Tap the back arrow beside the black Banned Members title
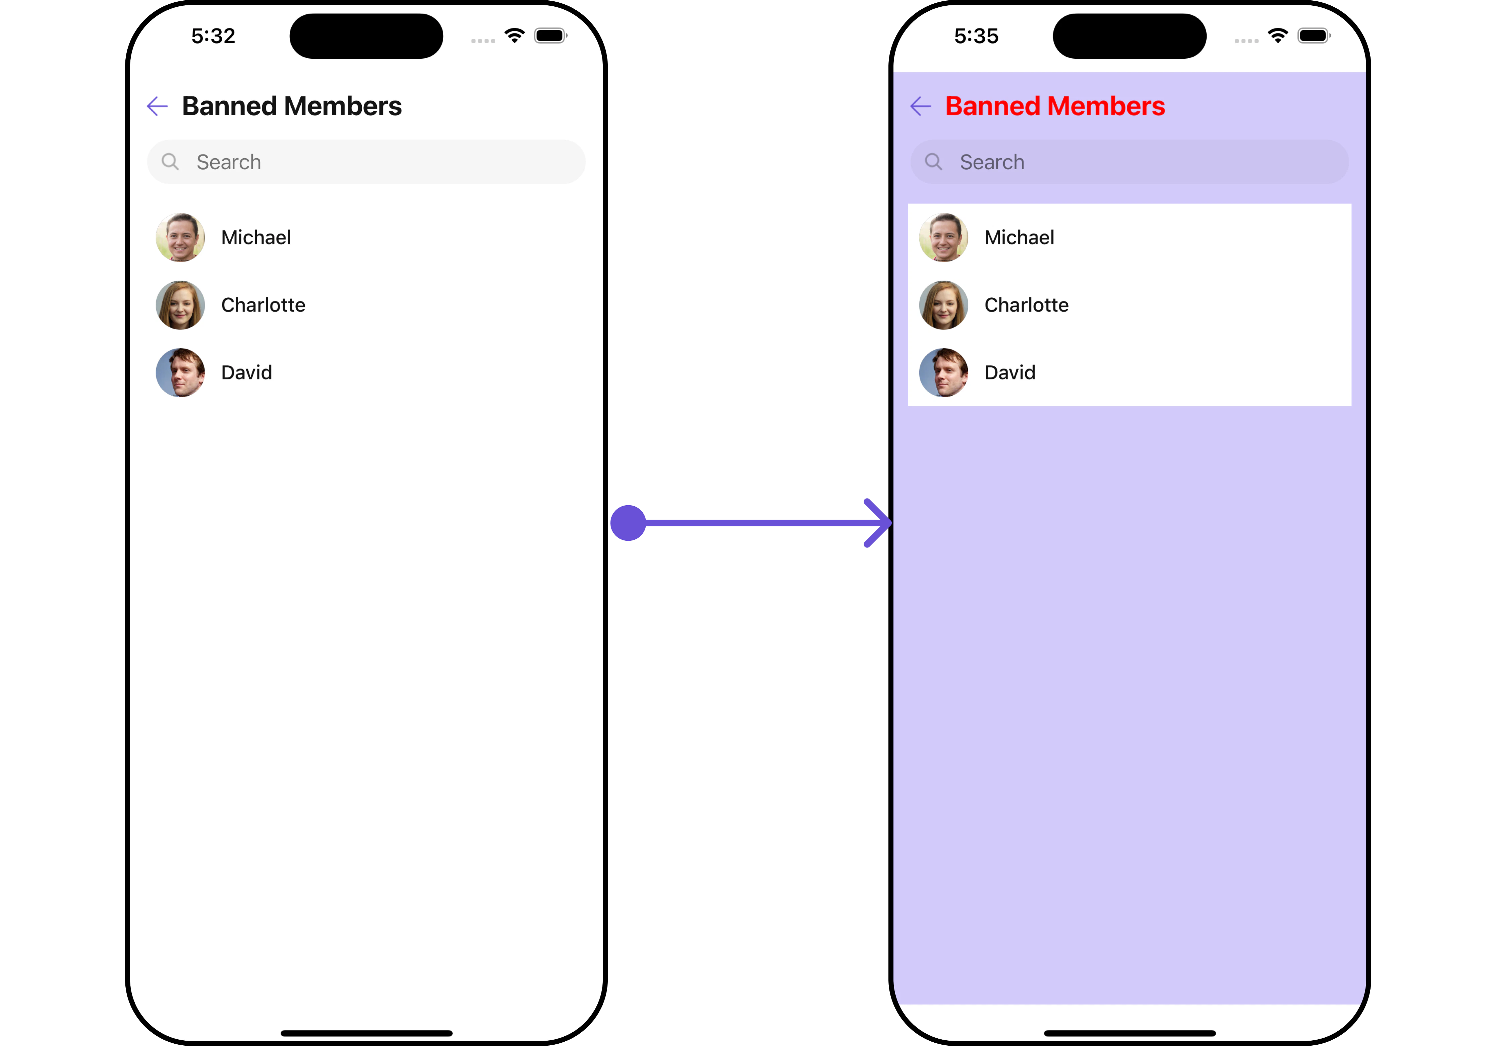pos(157,106)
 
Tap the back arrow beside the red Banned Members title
pos(920,106)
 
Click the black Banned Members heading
pos(292,106)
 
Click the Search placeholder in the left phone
pos(229,162)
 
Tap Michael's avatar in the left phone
pos(180,237)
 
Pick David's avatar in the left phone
pos(180,372)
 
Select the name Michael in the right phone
pos(1019,237)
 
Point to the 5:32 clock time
pos(213,36)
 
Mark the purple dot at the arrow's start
pos(628,523)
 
